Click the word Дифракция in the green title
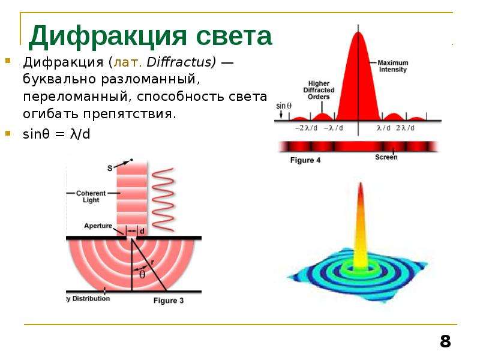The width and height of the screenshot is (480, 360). [x=108, y=37]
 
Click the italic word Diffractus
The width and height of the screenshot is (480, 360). [x=181, y=62]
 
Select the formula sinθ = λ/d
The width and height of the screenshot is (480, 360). [x=56, y=134]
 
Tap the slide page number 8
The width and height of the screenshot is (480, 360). [x=445, y=341]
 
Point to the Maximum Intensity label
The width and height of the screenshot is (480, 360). [x=393, y=66]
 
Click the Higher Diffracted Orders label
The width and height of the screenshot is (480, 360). [x=319, y=90]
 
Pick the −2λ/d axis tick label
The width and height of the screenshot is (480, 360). [x=306, y=128]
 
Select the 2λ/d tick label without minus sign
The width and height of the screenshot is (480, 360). [x=405, y=128]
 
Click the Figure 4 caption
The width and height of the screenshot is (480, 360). [x=305, y=160]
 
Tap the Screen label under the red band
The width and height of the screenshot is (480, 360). [x=386, y=157]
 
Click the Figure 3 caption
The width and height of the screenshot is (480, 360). [x=169, y=301]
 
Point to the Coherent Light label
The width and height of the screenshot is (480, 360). [x=91, y=197]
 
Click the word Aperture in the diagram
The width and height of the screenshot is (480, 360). [x=98, y=226]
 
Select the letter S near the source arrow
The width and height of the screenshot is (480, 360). [x=110, y=168]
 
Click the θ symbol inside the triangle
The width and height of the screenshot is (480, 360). [x=142, y=275]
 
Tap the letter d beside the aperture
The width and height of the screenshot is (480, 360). [x=142, y=231]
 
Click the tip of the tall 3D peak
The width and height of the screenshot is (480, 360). [x=361, y=183]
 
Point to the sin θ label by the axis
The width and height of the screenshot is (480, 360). [x=284, y=106]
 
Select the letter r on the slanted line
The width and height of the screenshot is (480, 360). [x=152, y=262]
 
